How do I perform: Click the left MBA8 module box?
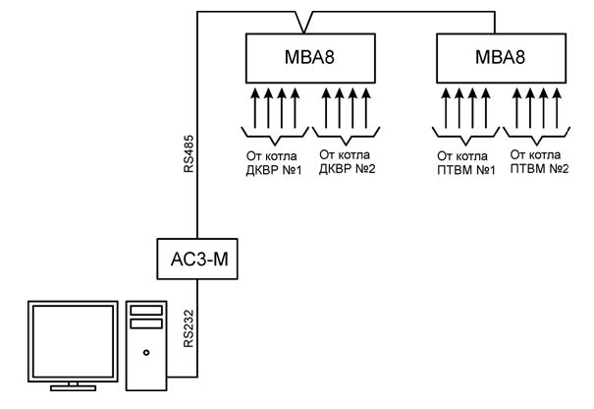click(x=310, y=60)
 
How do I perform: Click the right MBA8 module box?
click(x=502, y=60)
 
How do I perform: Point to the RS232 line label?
click(x=189, y=334)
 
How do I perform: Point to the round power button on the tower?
click(x=145, y=351)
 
